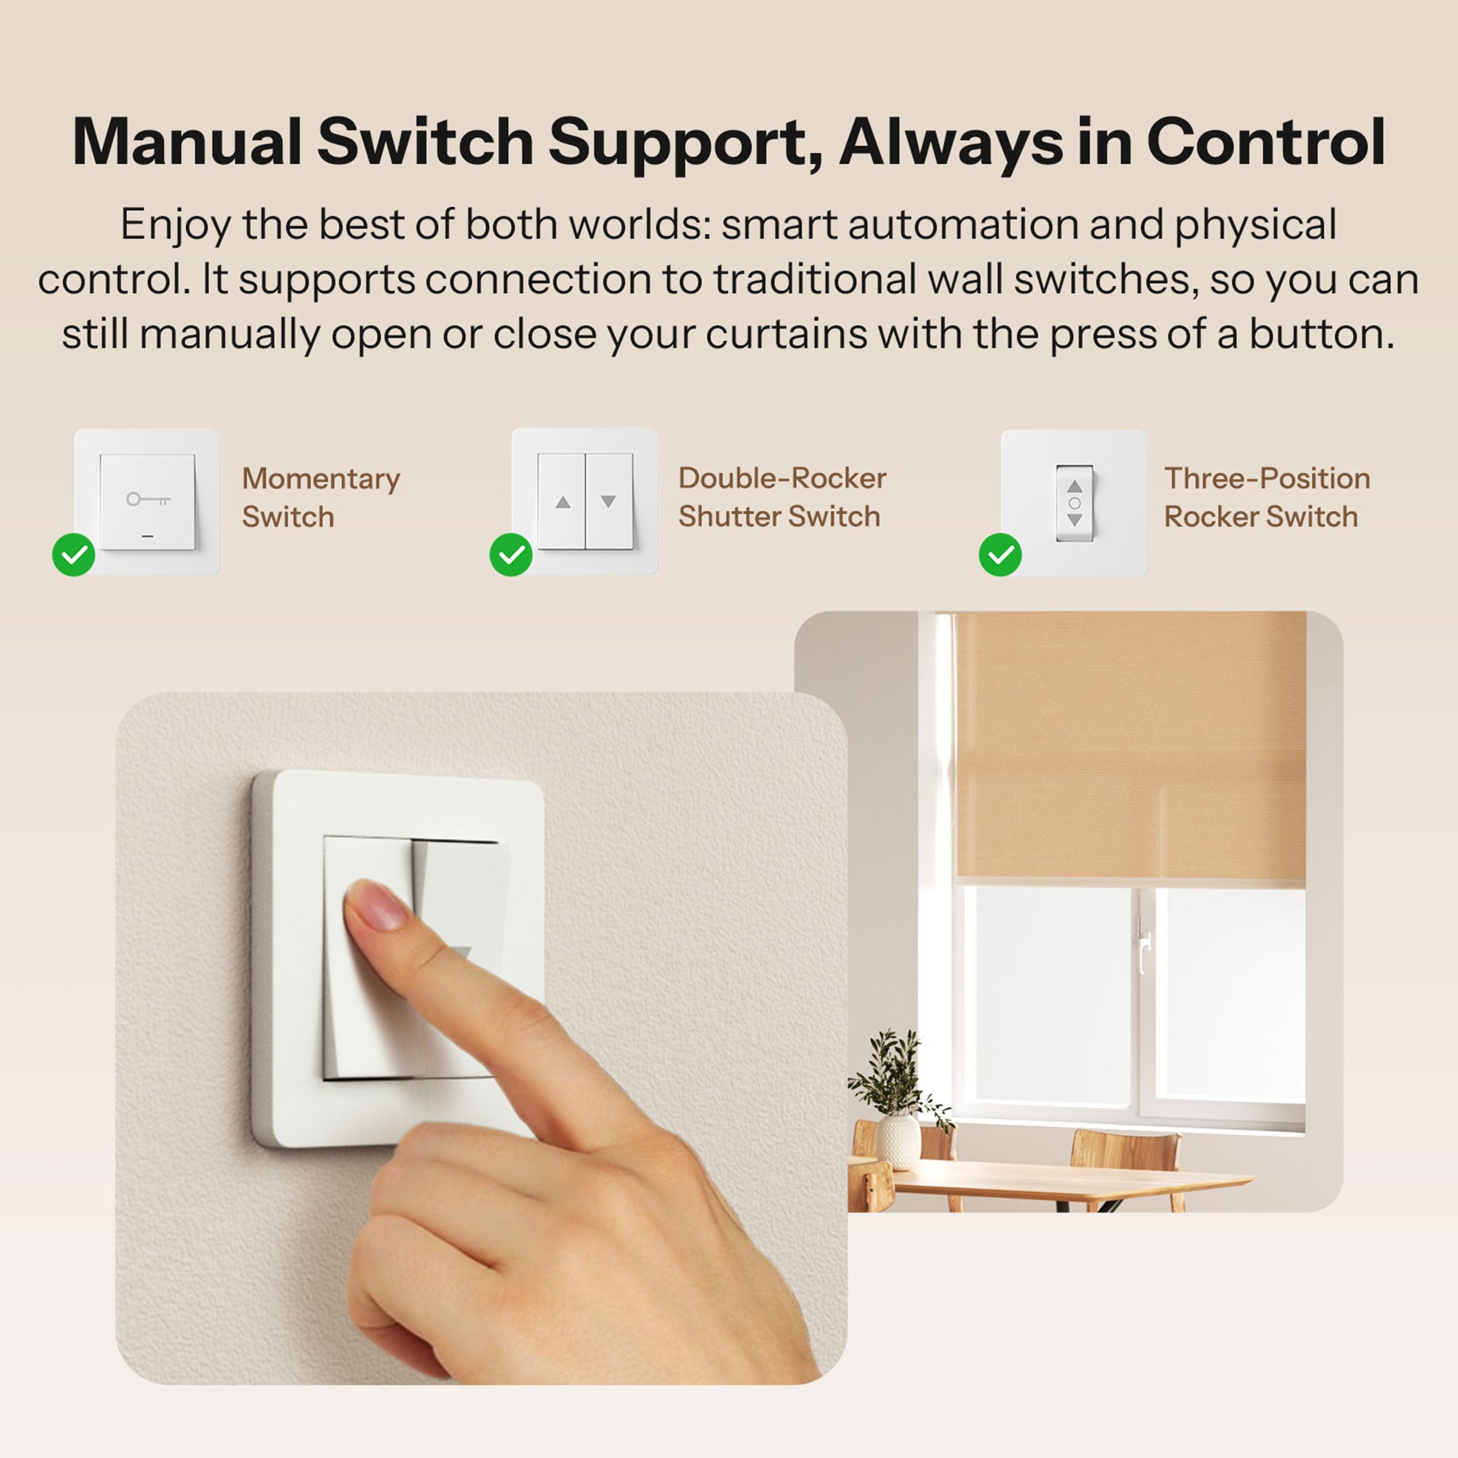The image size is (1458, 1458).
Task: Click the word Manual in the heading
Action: pos(187,143)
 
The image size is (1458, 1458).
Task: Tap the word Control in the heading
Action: pos(1266,143)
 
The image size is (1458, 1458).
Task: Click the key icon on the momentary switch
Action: pos(147,499)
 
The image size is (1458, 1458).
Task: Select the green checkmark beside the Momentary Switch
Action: pos(74,555)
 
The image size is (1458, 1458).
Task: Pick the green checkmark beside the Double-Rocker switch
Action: pos(511,555)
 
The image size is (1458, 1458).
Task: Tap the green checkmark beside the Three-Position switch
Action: pos(1000,555)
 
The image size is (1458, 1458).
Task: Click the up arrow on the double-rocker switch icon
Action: pos(562,502)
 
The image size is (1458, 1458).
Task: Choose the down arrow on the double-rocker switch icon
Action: pos(608,502)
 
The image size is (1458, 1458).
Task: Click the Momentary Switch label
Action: pos(320,498)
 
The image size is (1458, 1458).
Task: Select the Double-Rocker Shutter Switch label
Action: pos(781,497)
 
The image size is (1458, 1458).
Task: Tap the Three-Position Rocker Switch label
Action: pos(1266,497)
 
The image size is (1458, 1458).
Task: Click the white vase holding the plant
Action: pos(898,1140)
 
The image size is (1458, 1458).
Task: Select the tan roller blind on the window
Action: pos(1130,747)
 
